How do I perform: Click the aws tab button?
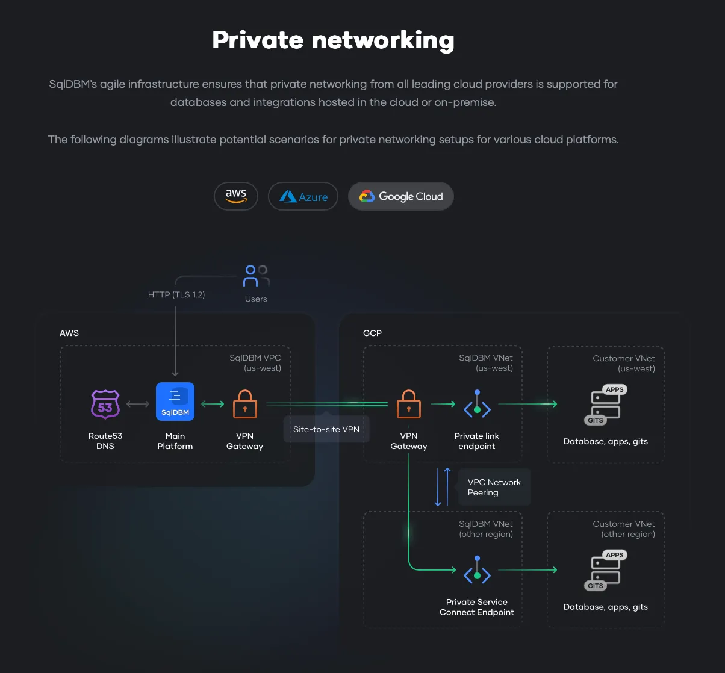pos(236,196)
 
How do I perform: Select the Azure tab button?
pos(303,196)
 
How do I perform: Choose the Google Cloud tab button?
pos(401,196)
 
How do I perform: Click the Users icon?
pos(256,276)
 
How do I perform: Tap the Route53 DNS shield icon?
pos(105,403)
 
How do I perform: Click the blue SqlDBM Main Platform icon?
pos(175,402)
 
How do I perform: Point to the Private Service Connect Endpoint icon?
pos(477,571)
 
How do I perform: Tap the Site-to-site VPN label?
pos(326,429)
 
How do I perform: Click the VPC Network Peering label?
pos(494,487)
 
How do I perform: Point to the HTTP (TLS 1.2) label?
pos(176,294)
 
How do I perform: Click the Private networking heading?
pos(333,40)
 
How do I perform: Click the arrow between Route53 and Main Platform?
pos(138,404)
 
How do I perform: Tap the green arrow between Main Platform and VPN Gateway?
pos(213,404)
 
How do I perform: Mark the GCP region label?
pos(372,333)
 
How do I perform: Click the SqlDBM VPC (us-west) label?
pos(255,362)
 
